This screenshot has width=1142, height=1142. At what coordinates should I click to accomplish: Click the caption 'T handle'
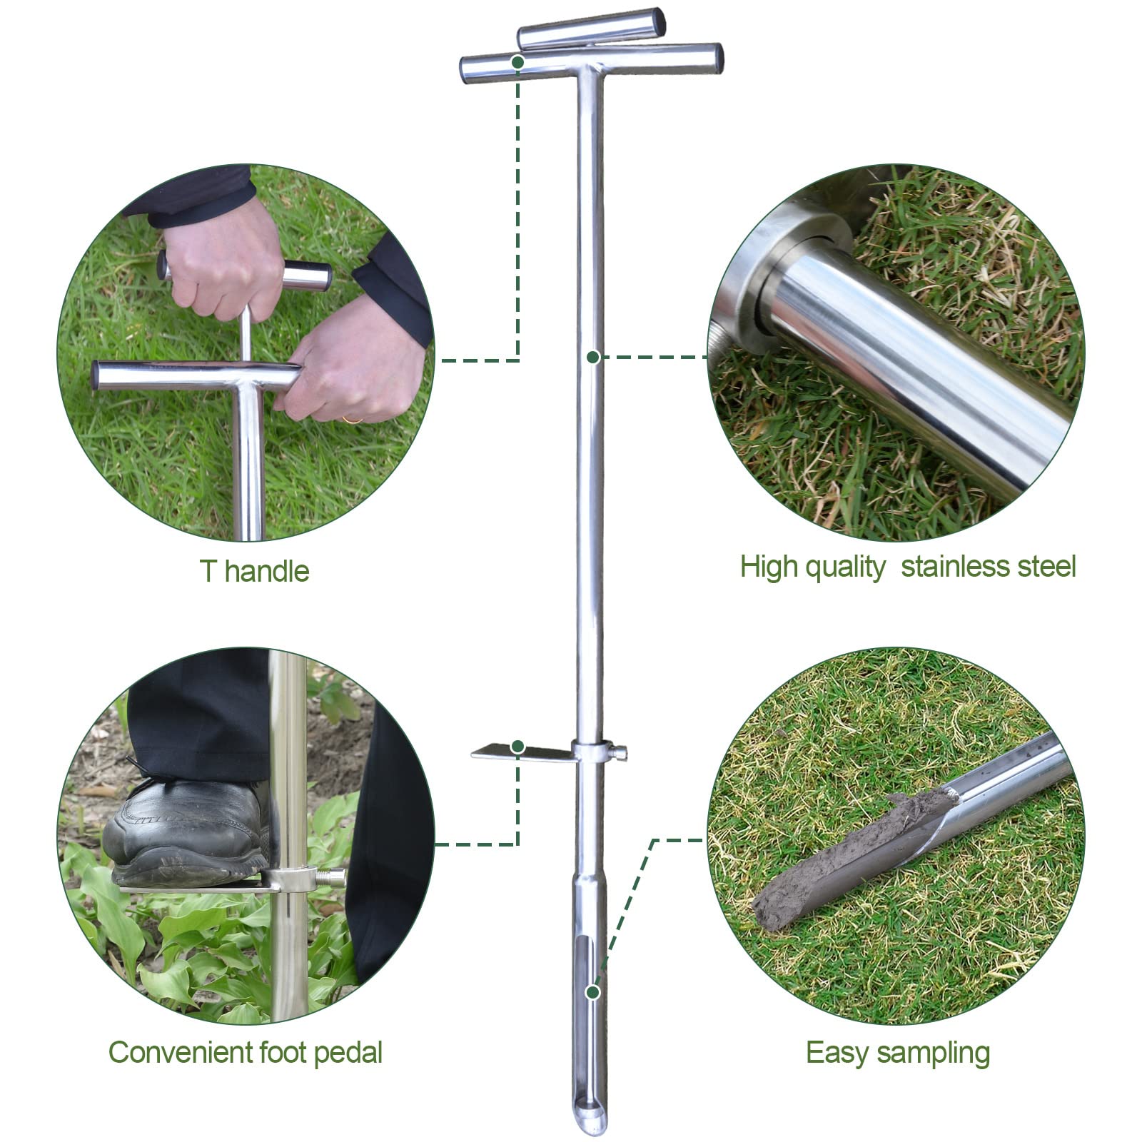pyautogui.click(x=254, y=571)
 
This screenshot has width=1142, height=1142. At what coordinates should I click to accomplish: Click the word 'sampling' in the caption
pyautogui.click(x=933, y=1053)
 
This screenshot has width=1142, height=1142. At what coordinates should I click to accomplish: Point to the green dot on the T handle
pyautogui.click(x=517, y=62)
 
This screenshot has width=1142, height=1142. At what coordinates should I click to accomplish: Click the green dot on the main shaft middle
pyautogui.click(x=592, y=357)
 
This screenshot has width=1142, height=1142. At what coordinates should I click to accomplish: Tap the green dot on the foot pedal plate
pyautogui.click(x=518, y=747)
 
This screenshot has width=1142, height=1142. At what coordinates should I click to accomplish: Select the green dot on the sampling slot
pyautogui.click(x=592, y=992)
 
